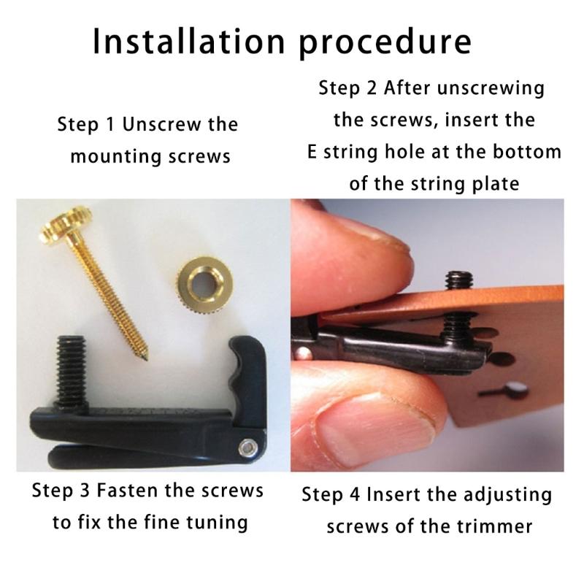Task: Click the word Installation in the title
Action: click(x=184, y=42)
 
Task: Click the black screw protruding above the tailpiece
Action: click(x=457, y=280)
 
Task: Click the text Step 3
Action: click(x=61, y=491)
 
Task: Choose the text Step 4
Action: click(x=331, y=495)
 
